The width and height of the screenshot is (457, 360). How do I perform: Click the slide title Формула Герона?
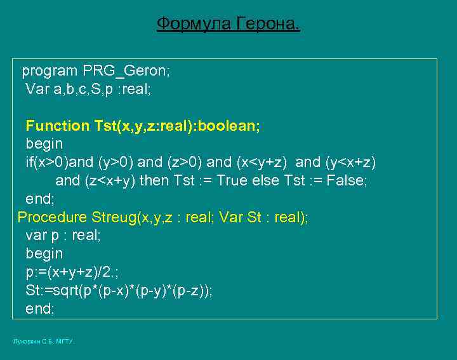point(228,25)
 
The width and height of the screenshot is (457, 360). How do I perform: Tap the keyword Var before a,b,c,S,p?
point(37,89)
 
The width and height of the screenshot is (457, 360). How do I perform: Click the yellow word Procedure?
point(52,217)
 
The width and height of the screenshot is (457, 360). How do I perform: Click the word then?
point(154,180)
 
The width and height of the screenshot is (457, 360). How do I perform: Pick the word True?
point(232,180)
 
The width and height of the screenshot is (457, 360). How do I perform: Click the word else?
point(266,180)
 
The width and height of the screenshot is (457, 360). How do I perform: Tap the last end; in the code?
point(40,309)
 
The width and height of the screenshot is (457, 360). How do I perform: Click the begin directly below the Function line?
point(44,144)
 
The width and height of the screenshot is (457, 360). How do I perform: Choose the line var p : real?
point(63,236)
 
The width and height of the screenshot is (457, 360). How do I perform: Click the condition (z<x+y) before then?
point(110,180)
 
